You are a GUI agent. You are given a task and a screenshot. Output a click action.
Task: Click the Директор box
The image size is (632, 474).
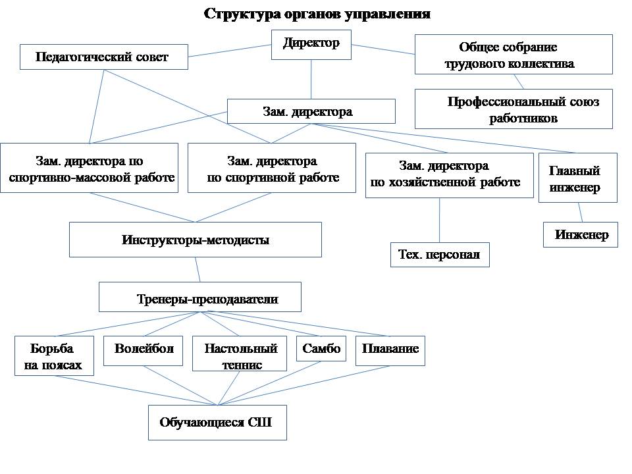(311, 45)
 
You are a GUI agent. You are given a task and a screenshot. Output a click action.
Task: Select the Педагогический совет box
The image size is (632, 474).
(103, 57)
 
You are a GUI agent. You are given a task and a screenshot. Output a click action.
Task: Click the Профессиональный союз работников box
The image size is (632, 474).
(513, 109)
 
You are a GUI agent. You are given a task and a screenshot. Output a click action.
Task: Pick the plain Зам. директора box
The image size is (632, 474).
(311, 112)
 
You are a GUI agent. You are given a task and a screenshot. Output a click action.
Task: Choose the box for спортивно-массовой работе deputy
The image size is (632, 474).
(90, 169)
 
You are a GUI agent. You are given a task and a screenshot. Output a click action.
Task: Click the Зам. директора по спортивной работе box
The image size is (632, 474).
(272, 169)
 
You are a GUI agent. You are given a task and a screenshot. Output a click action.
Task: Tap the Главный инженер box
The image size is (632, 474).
(578, 178)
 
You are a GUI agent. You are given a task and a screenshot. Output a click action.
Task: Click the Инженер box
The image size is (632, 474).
(581, 235)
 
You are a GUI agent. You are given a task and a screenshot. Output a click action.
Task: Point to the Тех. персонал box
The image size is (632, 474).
(440, 254)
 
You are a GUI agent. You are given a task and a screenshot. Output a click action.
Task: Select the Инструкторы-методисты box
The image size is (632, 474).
(196, 240)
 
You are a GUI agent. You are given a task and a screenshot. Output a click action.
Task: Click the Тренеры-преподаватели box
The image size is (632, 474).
(200, 298)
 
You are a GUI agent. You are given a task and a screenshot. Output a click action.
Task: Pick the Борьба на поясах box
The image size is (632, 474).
(54, 356)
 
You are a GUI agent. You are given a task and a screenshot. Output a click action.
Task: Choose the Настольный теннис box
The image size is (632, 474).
(241, 356)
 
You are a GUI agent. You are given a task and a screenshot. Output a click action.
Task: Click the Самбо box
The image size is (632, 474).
(322, 350)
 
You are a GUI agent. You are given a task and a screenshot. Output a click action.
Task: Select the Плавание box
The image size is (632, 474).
(390, 350)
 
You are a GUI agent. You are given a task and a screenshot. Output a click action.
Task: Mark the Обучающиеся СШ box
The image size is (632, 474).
(217, 423)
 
